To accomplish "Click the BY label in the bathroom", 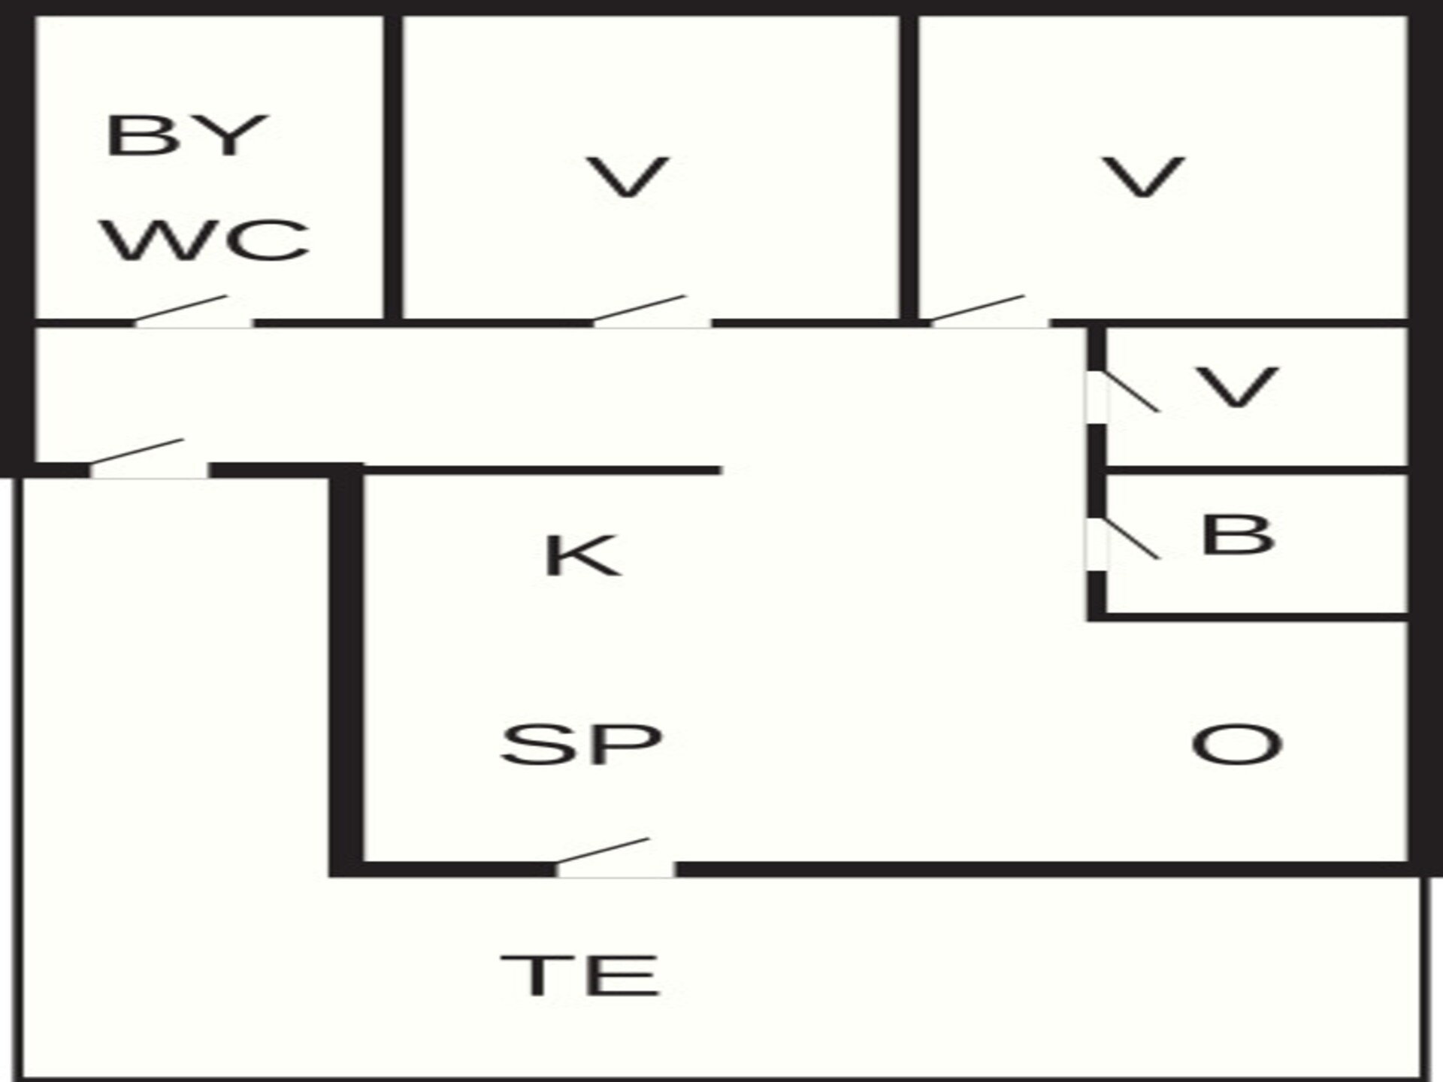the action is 187,136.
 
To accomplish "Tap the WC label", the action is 205,240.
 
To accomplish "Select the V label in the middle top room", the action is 628,178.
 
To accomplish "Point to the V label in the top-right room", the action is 1144,178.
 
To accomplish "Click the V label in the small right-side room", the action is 1237,388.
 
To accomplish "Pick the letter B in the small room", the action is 1238,535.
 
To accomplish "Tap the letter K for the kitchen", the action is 582,555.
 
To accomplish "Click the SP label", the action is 582,744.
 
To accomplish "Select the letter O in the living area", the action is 1237,744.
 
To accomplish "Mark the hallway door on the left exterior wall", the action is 137,454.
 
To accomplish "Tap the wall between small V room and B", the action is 1257,470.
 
